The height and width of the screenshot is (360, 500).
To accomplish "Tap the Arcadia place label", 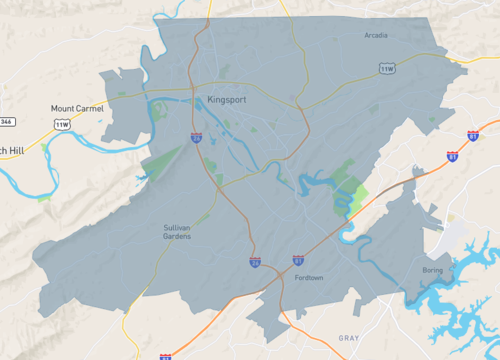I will coord(376,35).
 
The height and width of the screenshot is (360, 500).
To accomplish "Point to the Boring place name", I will coord(432,270).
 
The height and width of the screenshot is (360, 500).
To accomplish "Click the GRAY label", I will coord(348,338).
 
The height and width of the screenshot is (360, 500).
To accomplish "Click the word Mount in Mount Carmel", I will coord(62,108).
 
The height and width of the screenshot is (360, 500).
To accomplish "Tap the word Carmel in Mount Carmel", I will coord(88,108).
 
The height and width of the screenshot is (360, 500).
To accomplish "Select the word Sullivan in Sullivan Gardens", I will coord(176,227).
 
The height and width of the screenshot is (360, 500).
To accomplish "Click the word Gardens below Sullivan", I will coord(176,236).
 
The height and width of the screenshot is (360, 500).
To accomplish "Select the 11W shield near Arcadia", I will coord(387,68).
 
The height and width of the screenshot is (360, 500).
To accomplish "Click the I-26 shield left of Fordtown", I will coord(256,261).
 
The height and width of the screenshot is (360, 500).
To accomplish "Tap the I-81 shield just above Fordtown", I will coord(298,260).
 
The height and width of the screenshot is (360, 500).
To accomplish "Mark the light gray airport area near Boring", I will coord(456,236).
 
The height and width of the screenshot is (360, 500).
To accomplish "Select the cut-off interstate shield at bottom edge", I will coord(165,356).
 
